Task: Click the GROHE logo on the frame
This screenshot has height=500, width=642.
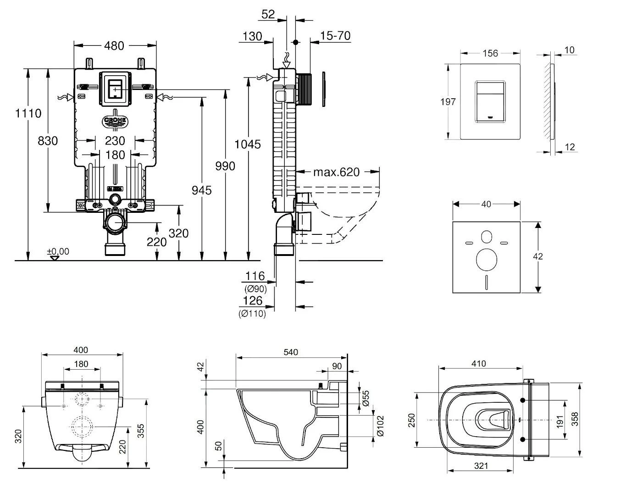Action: click(115, 121)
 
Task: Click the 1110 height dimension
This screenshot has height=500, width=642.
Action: click(28, 113)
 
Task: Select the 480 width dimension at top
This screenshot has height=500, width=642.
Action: click(114, 45)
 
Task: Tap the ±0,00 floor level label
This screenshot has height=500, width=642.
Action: click(58, 251)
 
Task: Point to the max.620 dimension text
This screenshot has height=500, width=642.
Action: click(336, 172)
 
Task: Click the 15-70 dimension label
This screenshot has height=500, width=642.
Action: click(335, 36)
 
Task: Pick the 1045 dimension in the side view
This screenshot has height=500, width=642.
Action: click(248, 144)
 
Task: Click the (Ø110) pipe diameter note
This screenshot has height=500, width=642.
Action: click(252, 314)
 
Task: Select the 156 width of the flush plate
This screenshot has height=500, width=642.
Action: click(490, 53)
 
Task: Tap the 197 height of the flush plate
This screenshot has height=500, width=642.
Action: click(448, 101)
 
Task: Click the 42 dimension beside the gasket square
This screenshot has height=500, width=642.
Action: click(538, 256)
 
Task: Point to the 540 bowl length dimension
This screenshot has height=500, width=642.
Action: click(291, 352)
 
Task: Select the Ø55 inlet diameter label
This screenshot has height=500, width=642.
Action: click(366, 397)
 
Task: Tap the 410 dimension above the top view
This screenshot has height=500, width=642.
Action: click(478, 364)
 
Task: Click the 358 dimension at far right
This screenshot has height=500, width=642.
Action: click(575, 419)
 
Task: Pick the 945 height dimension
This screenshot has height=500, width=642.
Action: click(201, 189)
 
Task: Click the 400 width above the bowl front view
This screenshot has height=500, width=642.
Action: click(81, 350)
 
